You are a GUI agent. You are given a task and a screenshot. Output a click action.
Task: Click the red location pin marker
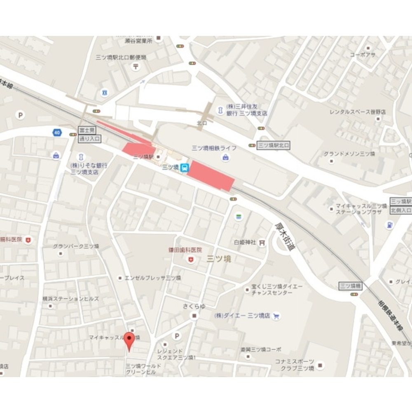130,340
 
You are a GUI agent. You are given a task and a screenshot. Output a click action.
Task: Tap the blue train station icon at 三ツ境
185,167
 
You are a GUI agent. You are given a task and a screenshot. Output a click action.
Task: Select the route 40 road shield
56,132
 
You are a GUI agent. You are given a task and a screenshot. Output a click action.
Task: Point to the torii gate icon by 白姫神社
262,243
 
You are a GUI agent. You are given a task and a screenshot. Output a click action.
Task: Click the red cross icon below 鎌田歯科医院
190,259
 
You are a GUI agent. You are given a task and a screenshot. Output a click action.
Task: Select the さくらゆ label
194,306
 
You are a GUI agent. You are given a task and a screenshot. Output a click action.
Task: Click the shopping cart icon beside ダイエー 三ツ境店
276,316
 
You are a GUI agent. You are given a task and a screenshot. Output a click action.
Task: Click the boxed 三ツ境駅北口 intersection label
274,145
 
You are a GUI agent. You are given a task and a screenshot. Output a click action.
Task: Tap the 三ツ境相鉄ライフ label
214,148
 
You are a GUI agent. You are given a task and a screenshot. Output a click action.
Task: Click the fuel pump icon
389,225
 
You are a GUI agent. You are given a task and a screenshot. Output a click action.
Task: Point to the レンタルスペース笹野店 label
358,112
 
